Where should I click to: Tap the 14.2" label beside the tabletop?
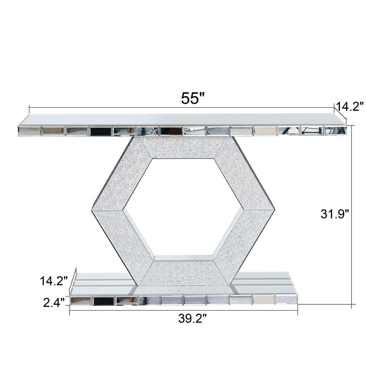pyautogui.click(x=349, y=107)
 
